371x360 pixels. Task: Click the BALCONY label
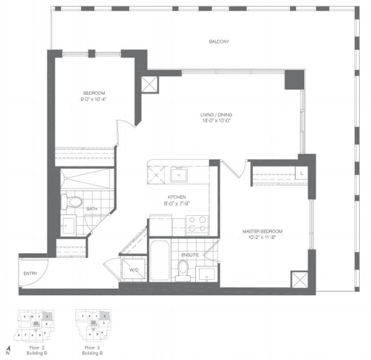pos(219,42)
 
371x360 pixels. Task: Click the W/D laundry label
pos(134,270)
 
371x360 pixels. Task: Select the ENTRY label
pos(30,274)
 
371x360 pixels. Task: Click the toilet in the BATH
pos(73,202)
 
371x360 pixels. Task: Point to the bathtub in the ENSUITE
pos(159,261)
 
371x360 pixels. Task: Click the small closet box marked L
pos(301,171)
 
